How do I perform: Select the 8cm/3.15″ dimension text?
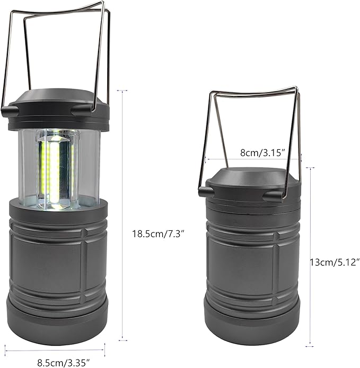(263, 152)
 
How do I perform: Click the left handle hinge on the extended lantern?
(10, 111)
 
